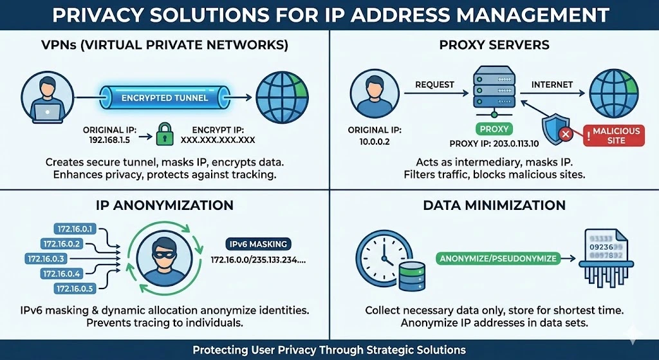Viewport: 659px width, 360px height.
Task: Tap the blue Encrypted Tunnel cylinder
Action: (x=165, y=98)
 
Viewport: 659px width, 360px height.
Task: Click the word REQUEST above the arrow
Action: (x=434, y=84)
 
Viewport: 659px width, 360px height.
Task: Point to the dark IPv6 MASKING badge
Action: (x=258, y=244)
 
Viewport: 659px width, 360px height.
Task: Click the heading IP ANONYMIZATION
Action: (x=165, y=205)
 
